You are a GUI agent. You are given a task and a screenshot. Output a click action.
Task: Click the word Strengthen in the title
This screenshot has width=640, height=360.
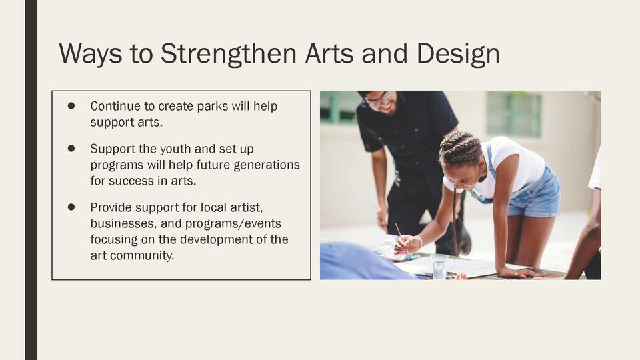click(229, 54)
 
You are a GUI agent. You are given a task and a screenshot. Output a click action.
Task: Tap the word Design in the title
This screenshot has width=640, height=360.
click(458, 54)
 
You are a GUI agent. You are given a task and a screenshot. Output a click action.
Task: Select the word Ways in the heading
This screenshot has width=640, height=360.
click(90, 54)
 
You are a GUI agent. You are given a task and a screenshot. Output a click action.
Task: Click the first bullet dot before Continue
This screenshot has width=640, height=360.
click(71, 106)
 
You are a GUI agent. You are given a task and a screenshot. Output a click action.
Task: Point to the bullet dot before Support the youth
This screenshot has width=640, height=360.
click(71, 149)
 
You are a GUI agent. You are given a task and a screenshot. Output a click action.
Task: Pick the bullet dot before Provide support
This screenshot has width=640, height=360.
click(71, 207)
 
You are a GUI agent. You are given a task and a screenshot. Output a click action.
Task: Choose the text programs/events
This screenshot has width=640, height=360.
click(233, 224)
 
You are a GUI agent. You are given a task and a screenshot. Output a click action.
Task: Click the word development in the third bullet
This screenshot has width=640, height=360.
click(205, 239)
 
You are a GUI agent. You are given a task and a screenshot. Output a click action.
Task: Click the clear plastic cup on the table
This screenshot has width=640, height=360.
click(439, 267)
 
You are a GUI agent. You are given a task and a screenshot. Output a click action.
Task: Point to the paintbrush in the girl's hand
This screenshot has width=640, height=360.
click(401, 239)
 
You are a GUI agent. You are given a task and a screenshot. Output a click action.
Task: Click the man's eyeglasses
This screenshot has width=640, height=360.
click(379, 99)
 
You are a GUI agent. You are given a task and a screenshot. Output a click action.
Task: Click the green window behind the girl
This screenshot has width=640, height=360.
click(514, 113)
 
